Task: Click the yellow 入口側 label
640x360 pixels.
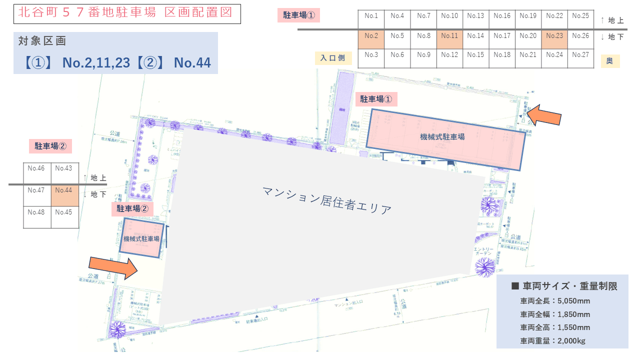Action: [333, 58]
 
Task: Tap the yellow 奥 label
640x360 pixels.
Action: [609, 61]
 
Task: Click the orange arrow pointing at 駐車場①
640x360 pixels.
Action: [545, 115]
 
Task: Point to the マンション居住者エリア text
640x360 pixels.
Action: [327, 200]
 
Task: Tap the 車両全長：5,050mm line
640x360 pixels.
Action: [555, 301]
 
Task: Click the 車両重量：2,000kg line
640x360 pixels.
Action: [552, 341]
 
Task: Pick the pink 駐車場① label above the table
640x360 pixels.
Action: [298, 15]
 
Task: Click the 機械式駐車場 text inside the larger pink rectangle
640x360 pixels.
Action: [442, 136]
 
